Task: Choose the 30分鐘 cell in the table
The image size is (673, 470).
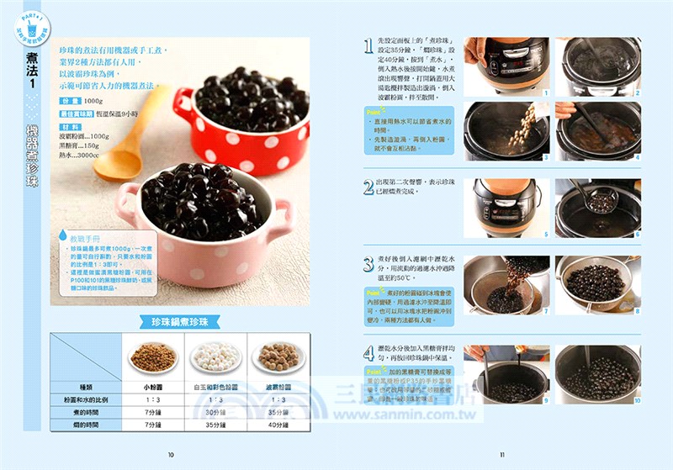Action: (216, 412)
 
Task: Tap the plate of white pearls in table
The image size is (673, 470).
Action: (216, 357)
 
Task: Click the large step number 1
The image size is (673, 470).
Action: (368, 47)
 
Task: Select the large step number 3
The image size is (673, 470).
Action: (368, 264)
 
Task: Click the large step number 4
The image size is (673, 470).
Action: (368, 353)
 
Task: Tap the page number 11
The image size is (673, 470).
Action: (501, 455)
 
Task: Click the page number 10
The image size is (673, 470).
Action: (171, 455)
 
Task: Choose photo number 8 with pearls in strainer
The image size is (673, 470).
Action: (597, 285)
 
